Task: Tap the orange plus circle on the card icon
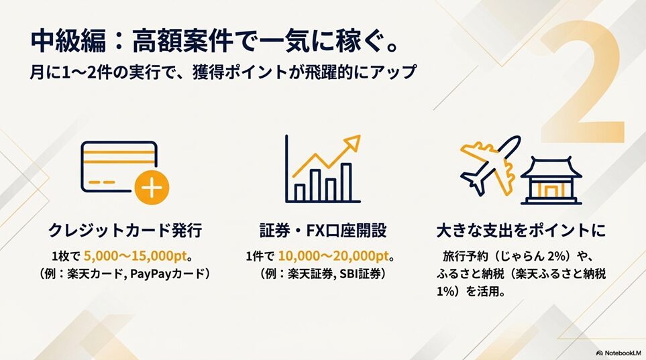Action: click(x=152, y=188)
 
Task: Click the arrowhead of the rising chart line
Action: click(x=352, y=141)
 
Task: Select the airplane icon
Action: click(x=490, y=165)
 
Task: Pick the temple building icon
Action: click(x=551, y=180)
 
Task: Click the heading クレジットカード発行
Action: click(x=125, y=231)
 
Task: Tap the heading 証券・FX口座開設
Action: click(x=323, y=231)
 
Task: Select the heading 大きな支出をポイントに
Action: click(x=521, y=231)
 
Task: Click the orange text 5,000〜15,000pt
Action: click(x=135, y=256)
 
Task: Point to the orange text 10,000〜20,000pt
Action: click(x=333, y=256)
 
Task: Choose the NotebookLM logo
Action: click(x=618, y=353)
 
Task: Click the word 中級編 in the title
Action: click(x=68, y=42)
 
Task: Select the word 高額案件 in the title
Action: click(x=183, y=42)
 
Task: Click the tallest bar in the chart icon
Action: click(x=347, y=182)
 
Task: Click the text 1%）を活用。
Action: click(x=472, y=292)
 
